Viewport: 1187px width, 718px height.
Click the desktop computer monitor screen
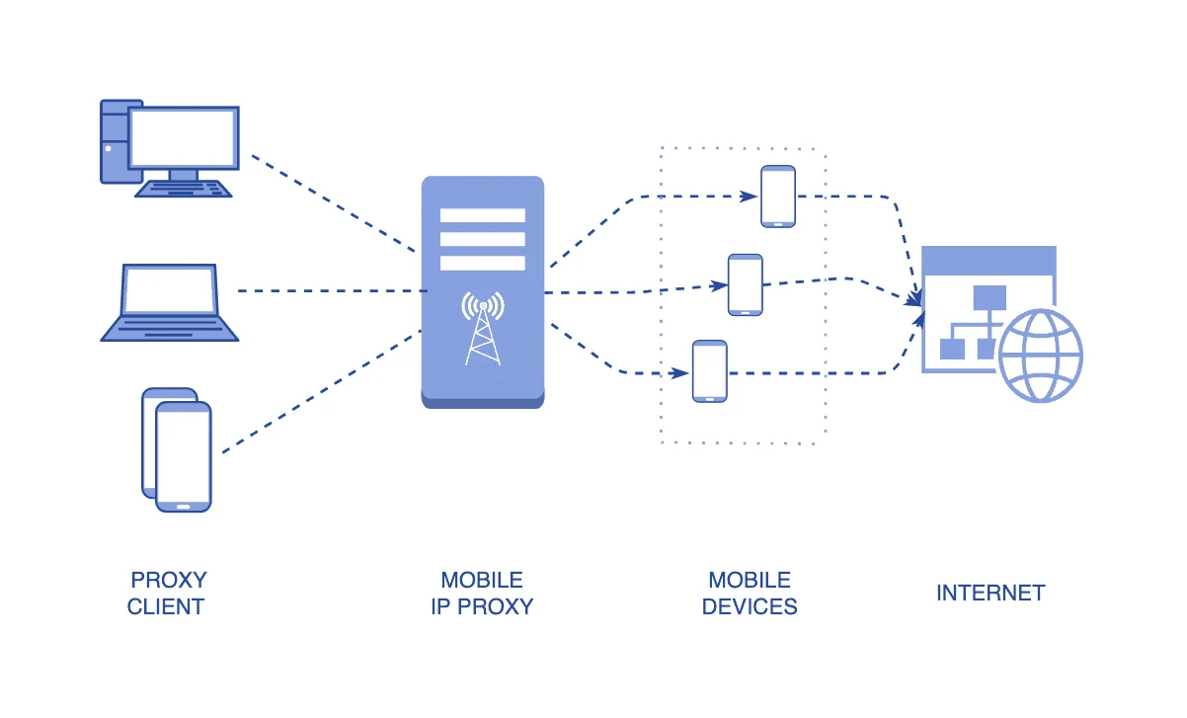[x=184, y=136]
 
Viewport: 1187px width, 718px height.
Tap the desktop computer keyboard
[x=184, y=188]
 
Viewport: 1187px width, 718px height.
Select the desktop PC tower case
[x=115, y=140]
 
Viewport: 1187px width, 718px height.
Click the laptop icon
[x=169, y=302]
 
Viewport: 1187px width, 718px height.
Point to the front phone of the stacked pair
[x=184, y=455]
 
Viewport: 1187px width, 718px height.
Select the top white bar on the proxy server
[x=482, y=215]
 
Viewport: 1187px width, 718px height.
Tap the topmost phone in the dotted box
[x=778, y=196]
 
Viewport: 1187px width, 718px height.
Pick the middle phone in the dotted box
[x=745, y=284]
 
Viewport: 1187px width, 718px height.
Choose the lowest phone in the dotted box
[x=710, y=370]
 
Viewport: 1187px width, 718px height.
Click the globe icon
[x=1040, y=355]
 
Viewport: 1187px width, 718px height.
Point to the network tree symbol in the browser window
[x=973, y=321]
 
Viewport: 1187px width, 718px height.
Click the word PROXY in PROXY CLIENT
[x=169, y=580]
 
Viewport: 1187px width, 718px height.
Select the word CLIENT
[x=166, y=606]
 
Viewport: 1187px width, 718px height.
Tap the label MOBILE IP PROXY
[x=482, y=594]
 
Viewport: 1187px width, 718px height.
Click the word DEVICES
[x=750, y=606]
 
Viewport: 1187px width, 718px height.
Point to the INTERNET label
[x=990, y=593]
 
